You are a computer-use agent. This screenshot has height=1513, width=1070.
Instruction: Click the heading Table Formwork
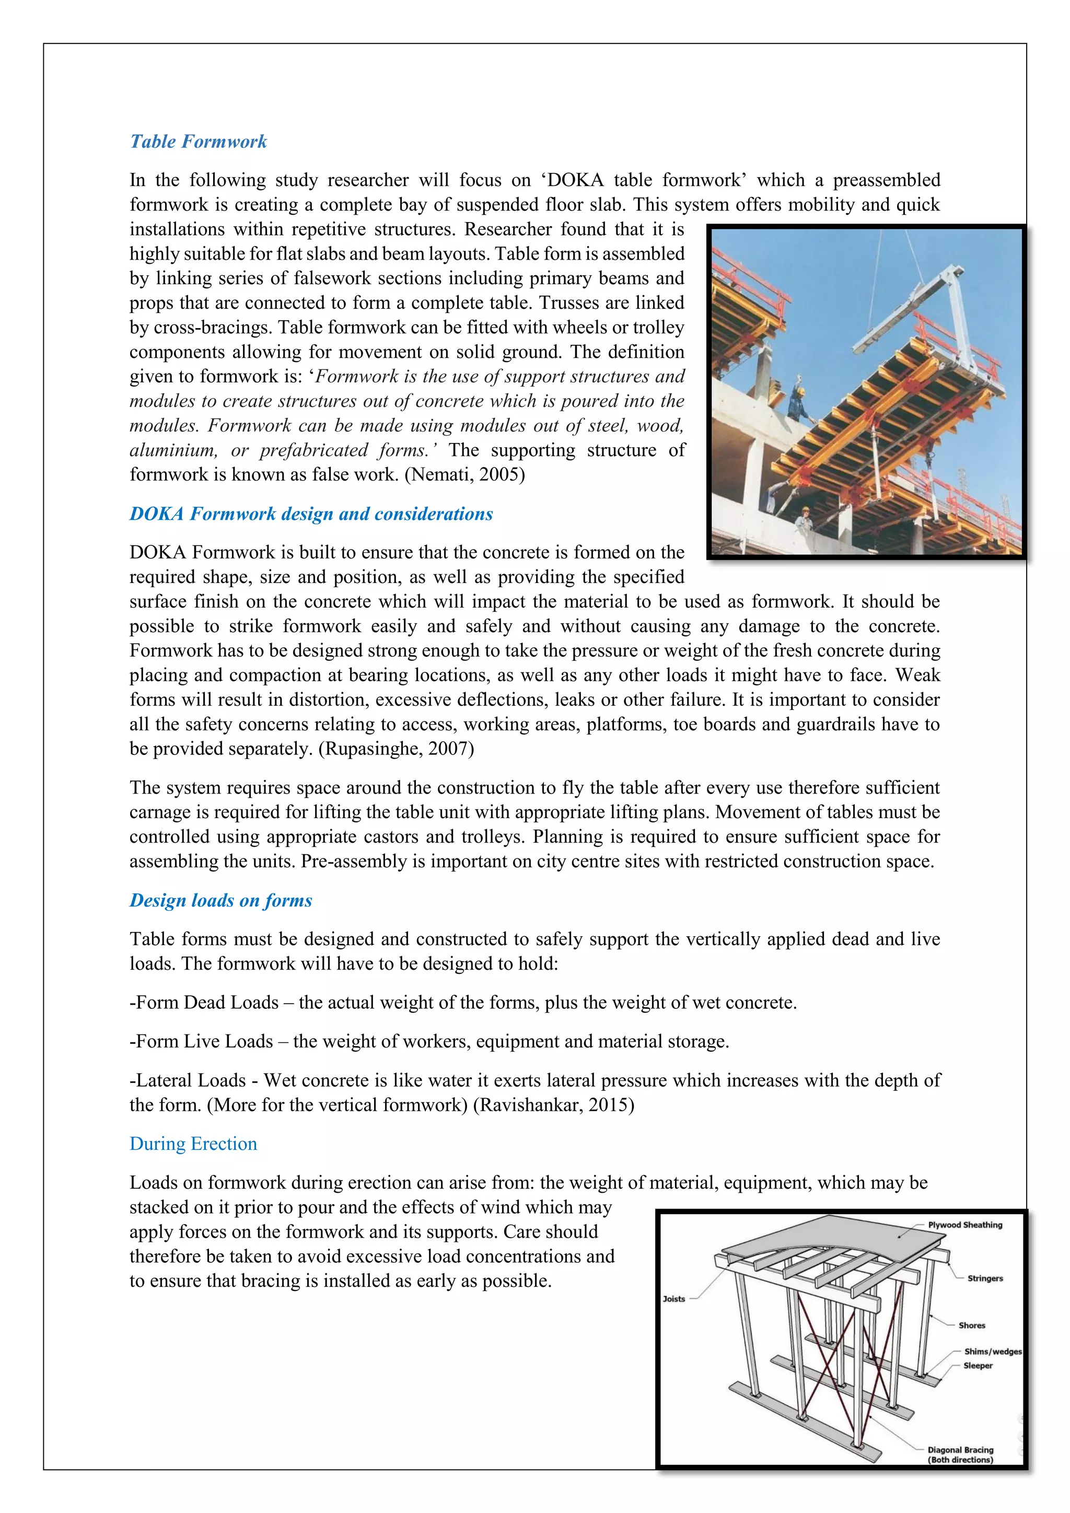click(199, 142)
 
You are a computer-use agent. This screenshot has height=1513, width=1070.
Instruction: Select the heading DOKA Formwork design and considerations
click(311, 514)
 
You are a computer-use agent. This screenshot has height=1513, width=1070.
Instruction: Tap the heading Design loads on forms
click(220, 900)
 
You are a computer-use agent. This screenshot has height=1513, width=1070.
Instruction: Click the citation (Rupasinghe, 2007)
click(396, 749)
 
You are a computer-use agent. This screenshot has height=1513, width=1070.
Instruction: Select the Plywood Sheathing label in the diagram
click(964, 1225)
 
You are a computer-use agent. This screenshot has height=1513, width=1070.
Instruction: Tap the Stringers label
click(984, 1278)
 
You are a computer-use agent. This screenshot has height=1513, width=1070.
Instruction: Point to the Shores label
click(971, 1325)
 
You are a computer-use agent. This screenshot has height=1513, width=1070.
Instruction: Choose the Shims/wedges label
click(992, 1352)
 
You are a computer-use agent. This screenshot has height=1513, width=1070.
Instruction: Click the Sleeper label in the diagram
click(978, 1365)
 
